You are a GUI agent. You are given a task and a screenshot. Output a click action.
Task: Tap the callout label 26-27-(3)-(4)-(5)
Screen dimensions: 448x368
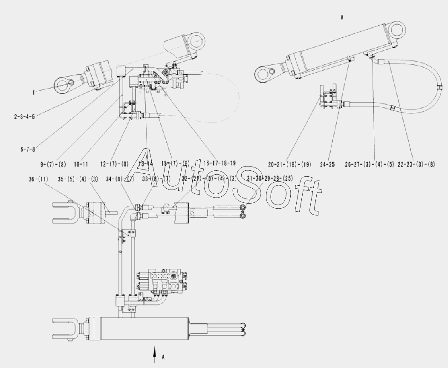369,164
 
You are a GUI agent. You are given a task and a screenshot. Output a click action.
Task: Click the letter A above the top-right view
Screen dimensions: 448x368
342,18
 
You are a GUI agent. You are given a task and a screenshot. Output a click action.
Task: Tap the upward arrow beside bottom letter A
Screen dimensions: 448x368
155,354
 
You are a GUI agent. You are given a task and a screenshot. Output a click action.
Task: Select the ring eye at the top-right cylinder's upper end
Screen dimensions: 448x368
397,30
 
